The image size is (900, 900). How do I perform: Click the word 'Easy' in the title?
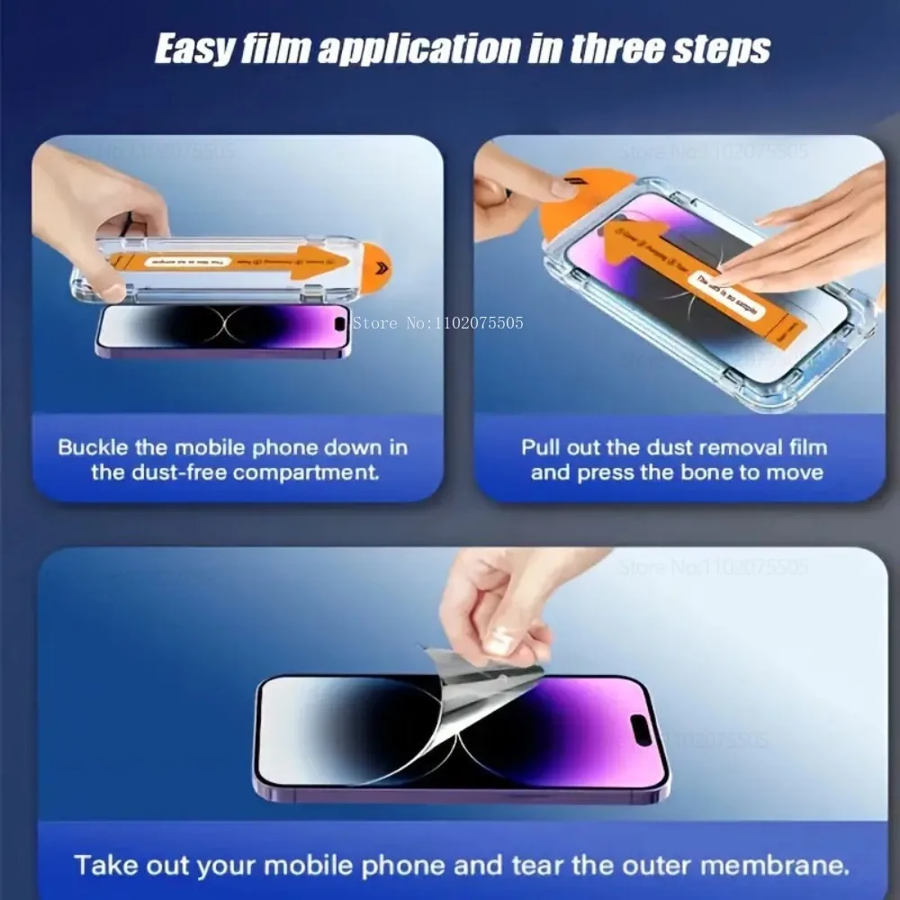(194, 49)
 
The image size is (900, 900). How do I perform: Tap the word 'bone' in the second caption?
(701, 472)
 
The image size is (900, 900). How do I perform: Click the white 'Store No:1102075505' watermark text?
(437, 322)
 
